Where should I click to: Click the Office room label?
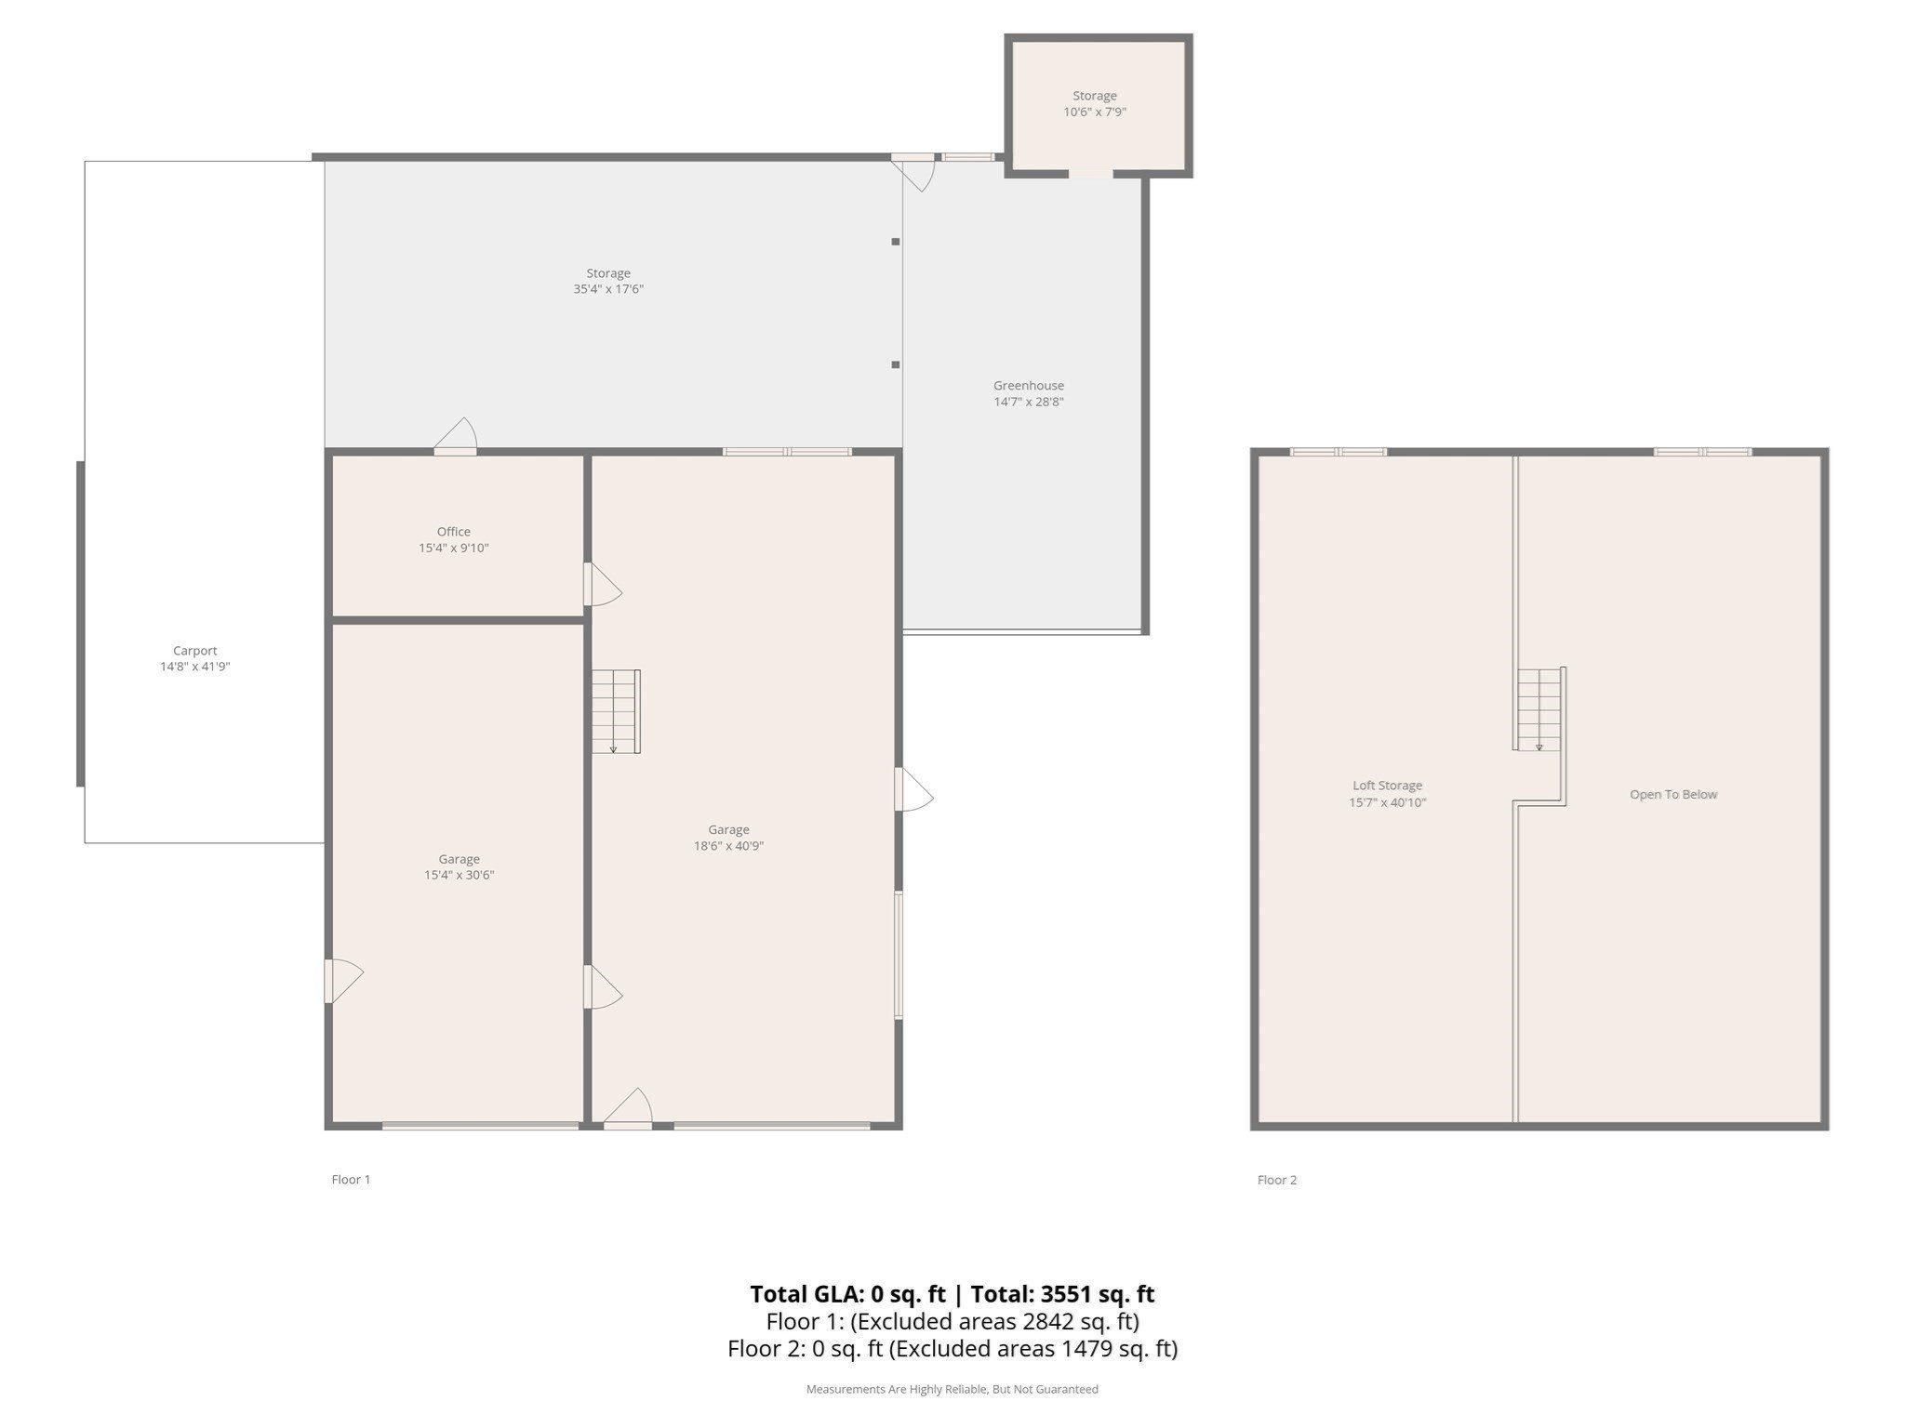(454, 532)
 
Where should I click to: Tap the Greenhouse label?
(1028, 386)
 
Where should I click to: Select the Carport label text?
(194, 651)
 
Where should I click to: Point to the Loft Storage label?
(1387, 786)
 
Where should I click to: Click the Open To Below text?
(1672, 795)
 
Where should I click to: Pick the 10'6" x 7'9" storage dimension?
(1094, 112)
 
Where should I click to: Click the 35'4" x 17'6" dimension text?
(608, 289)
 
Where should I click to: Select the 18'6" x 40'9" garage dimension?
(728, 846)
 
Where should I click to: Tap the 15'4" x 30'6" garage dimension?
(459, 875)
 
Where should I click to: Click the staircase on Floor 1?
(615, 711)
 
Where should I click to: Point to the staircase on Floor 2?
(1539, 709)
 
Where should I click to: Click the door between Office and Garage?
(601, 586)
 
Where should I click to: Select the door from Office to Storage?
(456, 437)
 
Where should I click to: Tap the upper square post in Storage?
(896, 242)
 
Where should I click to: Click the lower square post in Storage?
(896, 364)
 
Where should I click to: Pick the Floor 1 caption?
(351, 1180)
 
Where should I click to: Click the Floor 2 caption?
(1276, 1180)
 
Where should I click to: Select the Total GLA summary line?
(952, 1294)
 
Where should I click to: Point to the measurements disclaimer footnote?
(952, 1389)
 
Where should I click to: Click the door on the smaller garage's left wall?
(340, 981)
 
